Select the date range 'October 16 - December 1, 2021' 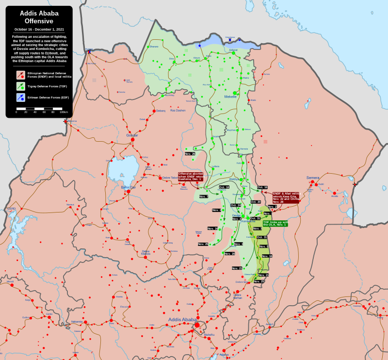[39, 30]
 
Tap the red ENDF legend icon [20, 75]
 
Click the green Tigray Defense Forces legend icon [20, 86]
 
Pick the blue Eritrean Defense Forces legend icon [20, 98]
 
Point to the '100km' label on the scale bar [63, 112]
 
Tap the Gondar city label [132, 135]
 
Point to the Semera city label [313, 178]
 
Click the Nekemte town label [77, 321]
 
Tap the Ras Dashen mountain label [178, 110]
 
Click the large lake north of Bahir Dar [117, 168]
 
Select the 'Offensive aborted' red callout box [190, 176]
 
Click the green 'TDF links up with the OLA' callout [275, 223]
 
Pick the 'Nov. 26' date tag [190, 154]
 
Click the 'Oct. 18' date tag [224, 187]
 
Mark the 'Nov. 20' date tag [229, 254]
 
